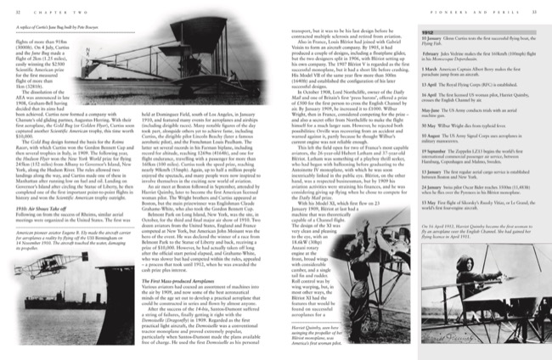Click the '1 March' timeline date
pyautogui.click(x=408, y=71)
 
